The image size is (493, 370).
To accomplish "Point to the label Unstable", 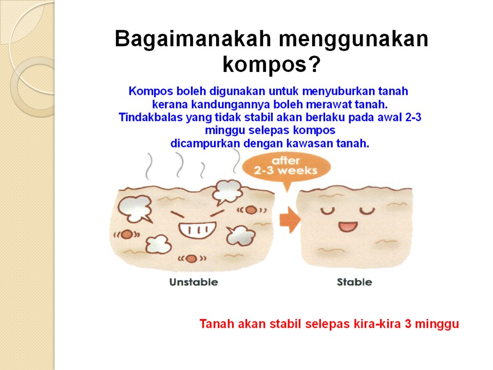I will pyautogui.click(x=194, y=282).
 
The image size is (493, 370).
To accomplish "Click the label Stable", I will pyautogui.click(x=354, y=282).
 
